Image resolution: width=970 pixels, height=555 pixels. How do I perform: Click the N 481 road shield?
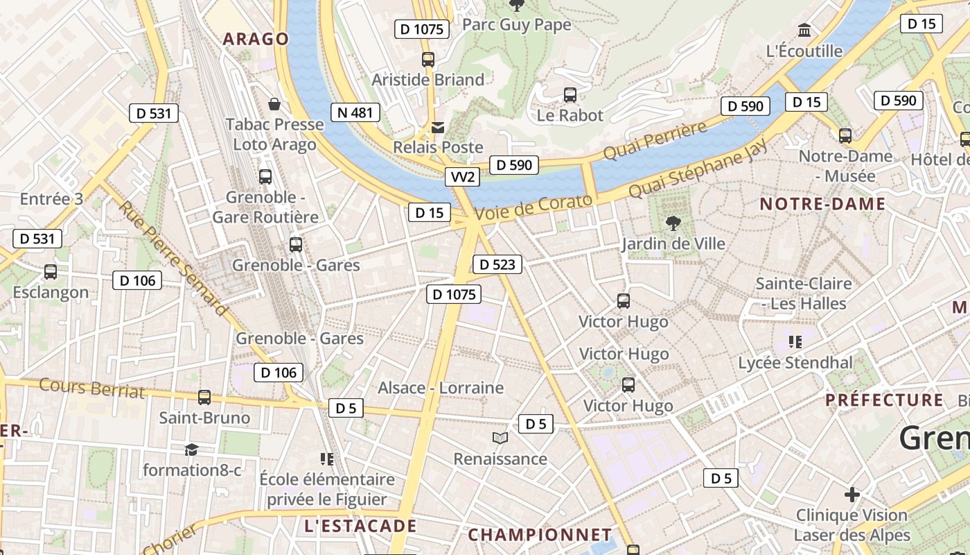click(x=356, y=112)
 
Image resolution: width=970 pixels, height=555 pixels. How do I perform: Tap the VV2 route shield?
click(x=462, y=177)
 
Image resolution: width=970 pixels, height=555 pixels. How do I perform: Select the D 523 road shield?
click(x=497, y=264)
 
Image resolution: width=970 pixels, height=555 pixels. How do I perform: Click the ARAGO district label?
click(x=256, y=39)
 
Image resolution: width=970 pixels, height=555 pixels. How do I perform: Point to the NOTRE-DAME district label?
click(x=822, y=204)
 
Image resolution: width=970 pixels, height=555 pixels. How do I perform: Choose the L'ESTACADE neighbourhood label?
click(x=360, y=526)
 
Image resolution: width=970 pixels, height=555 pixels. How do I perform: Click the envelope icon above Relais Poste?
click(x=438, y=128)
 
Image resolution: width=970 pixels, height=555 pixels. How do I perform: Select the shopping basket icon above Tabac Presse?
click(x=274, y=105)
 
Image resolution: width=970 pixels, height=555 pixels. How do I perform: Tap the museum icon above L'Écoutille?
click(x=804, y=31)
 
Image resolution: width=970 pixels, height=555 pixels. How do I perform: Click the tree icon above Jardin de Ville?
click(x=672, y=223)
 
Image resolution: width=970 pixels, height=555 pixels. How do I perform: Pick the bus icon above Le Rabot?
click(x=570, y=95)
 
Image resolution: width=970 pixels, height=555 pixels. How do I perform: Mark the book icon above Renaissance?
click(x=500, y=438)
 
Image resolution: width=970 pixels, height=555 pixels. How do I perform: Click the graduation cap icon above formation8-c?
click(x=192, y=450)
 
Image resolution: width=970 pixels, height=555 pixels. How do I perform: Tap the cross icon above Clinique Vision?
click(x=852, y=495)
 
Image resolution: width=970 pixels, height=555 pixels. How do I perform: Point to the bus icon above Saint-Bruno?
click(x=204, y=398)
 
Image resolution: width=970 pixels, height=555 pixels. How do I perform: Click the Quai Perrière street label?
click(x=655, y=139)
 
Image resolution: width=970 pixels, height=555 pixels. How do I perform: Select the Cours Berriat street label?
click(x=92, y=388)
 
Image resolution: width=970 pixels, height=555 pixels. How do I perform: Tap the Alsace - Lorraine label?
click(x=441, y=388)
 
